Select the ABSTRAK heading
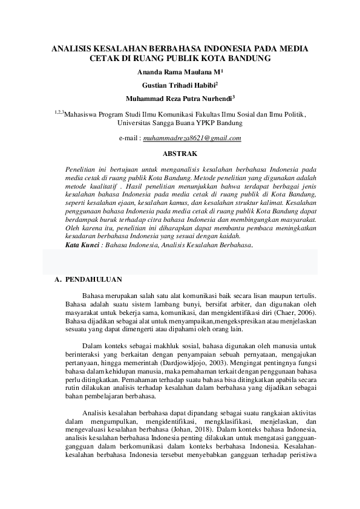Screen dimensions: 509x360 181,154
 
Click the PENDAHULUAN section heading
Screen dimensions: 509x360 94,280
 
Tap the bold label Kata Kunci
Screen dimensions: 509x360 81,246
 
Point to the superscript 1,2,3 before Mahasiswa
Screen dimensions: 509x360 58,112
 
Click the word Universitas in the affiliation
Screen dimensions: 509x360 136,122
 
